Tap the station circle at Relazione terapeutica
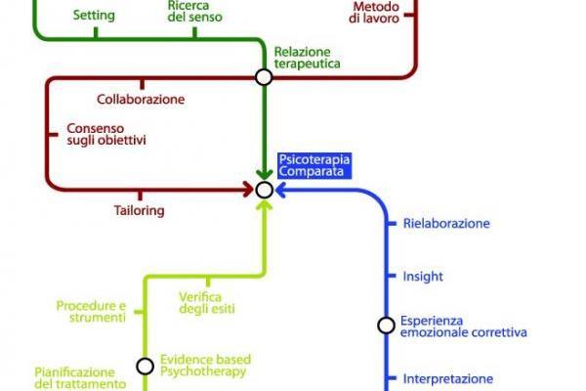click(263, 76)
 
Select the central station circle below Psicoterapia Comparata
click(264, 190)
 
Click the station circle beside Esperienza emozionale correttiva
click(386, 326)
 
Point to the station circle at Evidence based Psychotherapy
click(145, 367)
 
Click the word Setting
click(95, 16)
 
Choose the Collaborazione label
click(141, 99)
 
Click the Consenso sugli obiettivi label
click(105, 134)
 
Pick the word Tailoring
click(139, 210)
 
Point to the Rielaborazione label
click(446, 224)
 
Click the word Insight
click(423, 277)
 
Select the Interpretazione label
click(448, 379)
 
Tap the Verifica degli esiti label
click(207, 303)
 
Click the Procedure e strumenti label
click(91, 311)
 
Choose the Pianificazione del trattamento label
click(80, 378)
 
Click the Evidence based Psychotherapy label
click(203, 366)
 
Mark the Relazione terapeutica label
click(302, 58)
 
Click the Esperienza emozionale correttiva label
click(463, 326)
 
